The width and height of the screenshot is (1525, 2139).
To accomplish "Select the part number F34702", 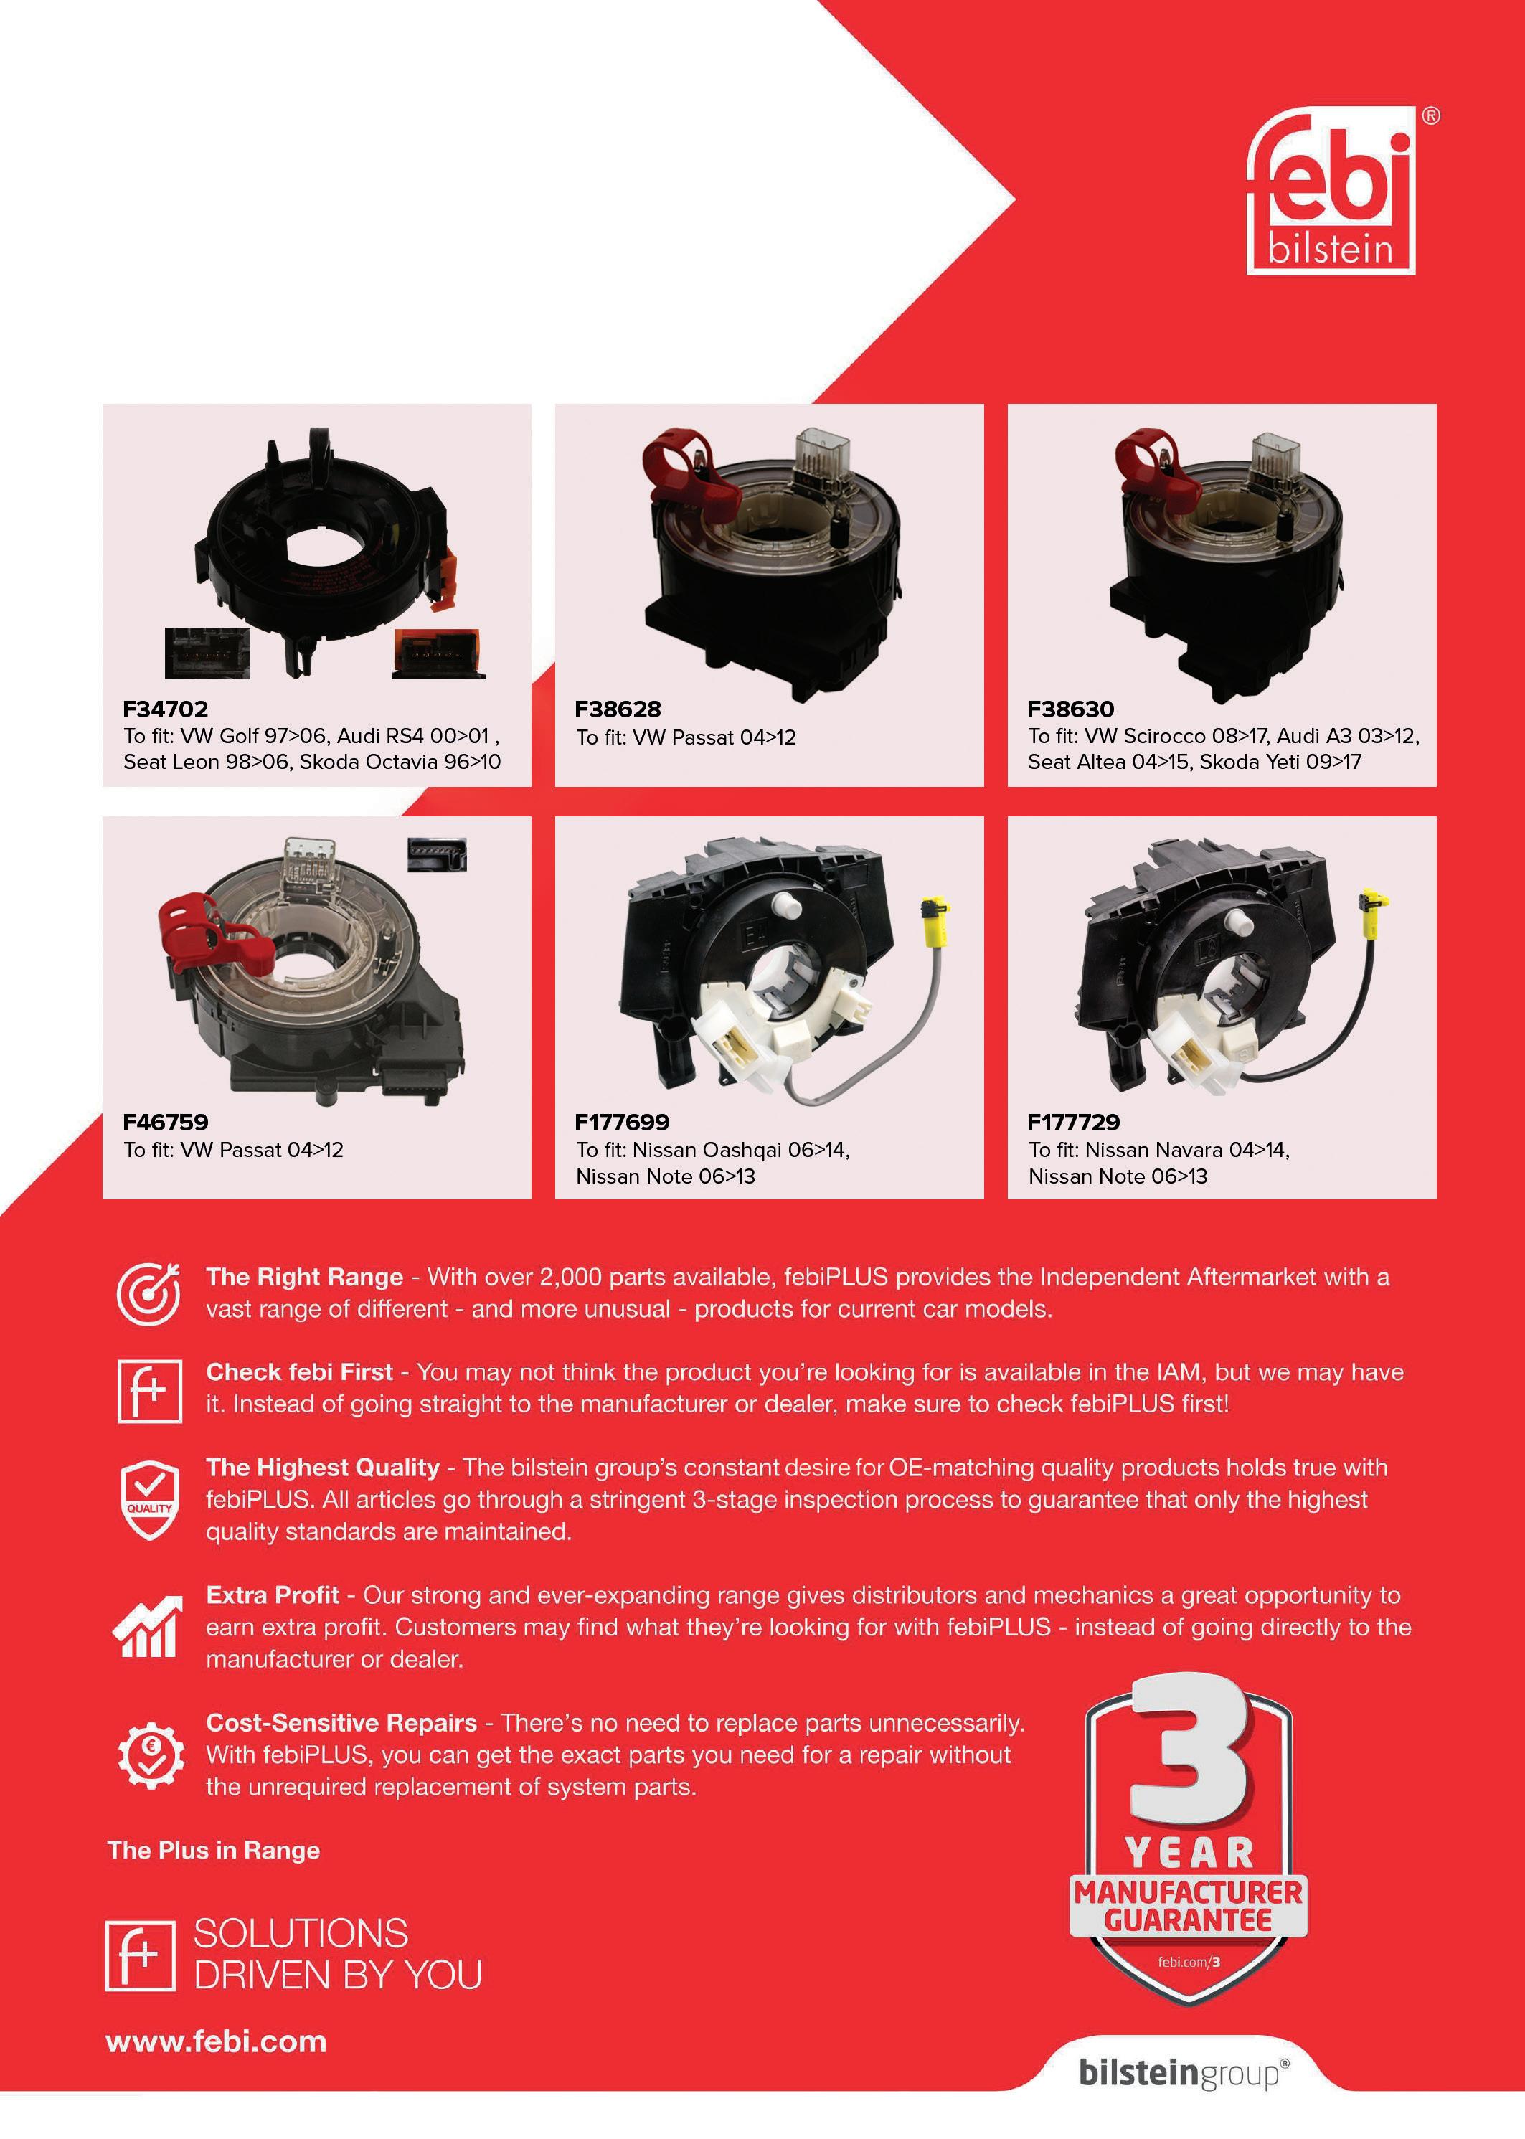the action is (165, 709).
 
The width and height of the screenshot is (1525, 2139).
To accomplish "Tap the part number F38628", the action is (618, 709).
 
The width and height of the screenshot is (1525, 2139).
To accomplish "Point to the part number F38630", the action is (1070, 709).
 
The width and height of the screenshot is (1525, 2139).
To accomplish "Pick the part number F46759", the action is (165, 1121).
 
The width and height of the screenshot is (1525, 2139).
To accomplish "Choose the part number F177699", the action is (622, 1121).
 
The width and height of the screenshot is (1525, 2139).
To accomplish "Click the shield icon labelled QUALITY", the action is (149, 1500).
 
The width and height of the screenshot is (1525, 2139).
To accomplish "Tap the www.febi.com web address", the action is (216, 2041).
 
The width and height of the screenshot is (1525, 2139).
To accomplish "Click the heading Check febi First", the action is (298, 1372).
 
